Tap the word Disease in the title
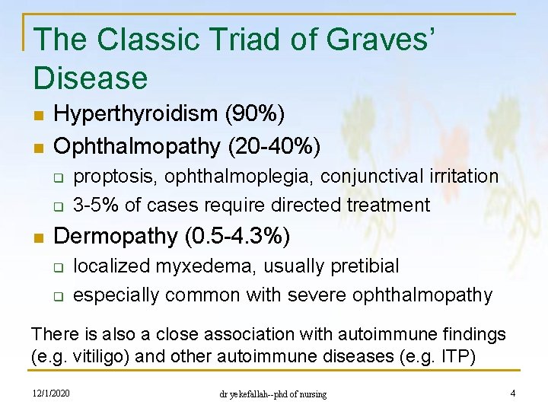91,78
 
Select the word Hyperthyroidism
136,114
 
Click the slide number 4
512,393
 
